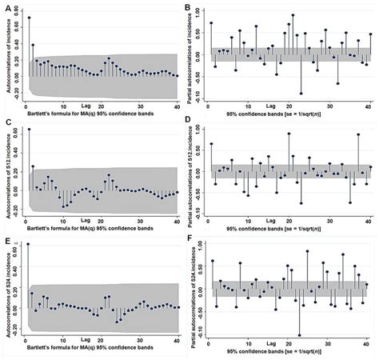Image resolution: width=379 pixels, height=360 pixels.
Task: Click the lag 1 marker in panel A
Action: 29,18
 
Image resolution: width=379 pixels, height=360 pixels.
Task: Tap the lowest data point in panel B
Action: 301,94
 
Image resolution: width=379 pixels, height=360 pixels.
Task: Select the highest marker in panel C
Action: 29,129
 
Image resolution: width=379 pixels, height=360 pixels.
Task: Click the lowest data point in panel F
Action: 299,335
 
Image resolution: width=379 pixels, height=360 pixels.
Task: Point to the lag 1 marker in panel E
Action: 29,244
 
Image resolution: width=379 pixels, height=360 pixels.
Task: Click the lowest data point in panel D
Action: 350,202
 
